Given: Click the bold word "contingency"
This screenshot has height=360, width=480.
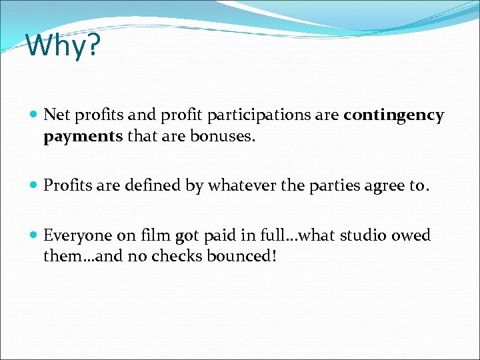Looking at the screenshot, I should (393, 115).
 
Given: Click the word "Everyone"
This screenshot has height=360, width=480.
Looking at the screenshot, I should (79, 235).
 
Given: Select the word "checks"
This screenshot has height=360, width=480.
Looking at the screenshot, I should (178, 257).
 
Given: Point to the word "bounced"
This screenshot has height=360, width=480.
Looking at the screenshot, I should (236, 257).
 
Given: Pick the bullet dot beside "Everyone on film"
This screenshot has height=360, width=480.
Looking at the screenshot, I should (34, 236).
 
